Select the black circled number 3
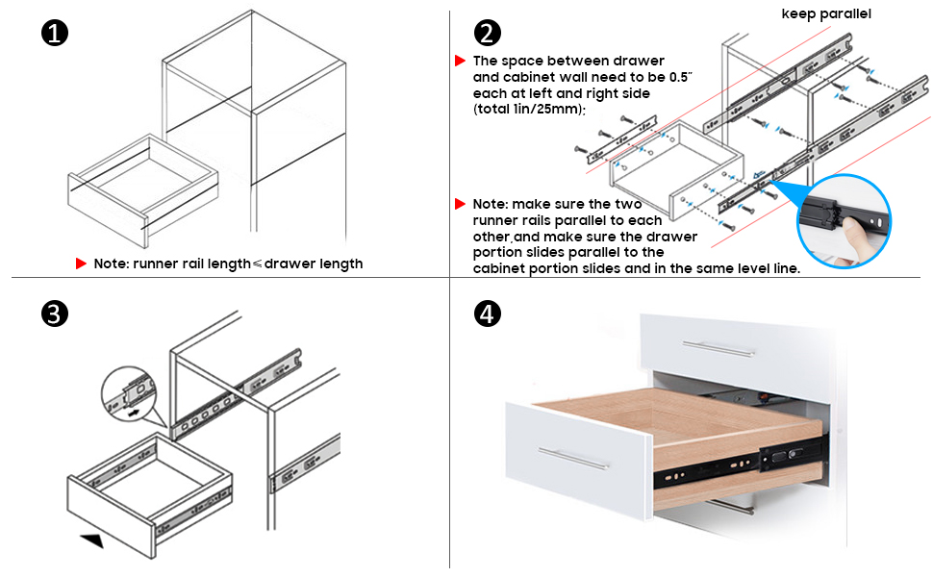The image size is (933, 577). (x=55, y=314)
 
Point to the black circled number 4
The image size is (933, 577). (x=488, y=314)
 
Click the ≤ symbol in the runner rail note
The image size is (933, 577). (x=257, y=263)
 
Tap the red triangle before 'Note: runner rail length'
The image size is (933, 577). (x=82, y=263)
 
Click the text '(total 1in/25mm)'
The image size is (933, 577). (x=529, y=110)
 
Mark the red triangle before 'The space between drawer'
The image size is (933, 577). (x=461, y=61)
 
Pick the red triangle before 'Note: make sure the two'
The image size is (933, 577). (x=461, y=204)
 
